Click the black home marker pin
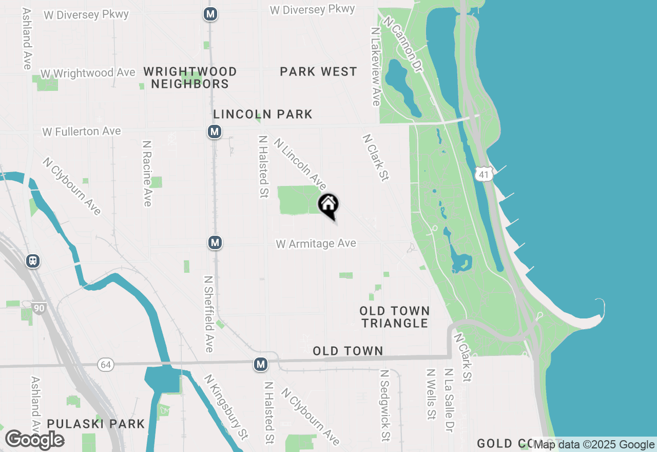328,205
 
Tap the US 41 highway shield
482,175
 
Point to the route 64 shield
105,365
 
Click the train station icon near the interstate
33,261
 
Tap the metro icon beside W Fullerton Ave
215,132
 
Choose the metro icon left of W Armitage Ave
215,242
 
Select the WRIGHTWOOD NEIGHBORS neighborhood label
190,78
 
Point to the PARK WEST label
318,72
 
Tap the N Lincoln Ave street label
300,163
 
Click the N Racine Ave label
147,174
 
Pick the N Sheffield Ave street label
208,314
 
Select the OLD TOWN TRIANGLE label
395,317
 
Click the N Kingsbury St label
226,406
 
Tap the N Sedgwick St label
385,406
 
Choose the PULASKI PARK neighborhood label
96,424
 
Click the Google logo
35,440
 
